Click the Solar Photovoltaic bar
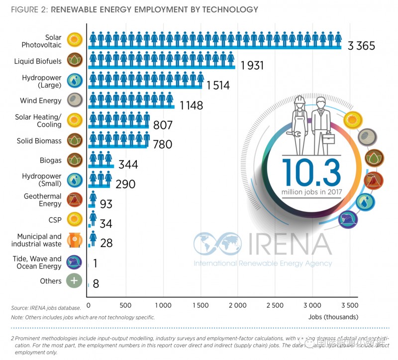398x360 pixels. click(x=215, y=40)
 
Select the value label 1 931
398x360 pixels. click(x=252, y=66)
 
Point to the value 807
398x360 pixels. click(x=163, y=125)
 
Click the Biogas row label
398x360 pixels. click(x=51, y=161)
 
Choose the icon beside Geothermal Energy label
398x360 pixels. click(x=74, y=200)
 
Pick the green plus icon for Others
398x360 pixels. click(x=74, y=280)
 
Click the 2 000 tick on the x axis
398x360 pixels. click(x=237, y=305)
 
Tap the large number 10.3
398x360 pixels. click(x=311, y=173)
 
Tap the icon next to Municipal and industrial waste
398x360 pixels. click(x=74, y=240)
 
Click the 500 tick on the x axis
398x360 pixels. click(x=125, y=305)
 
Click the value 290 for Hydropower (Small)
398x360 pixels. click(x=125, y=184)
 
